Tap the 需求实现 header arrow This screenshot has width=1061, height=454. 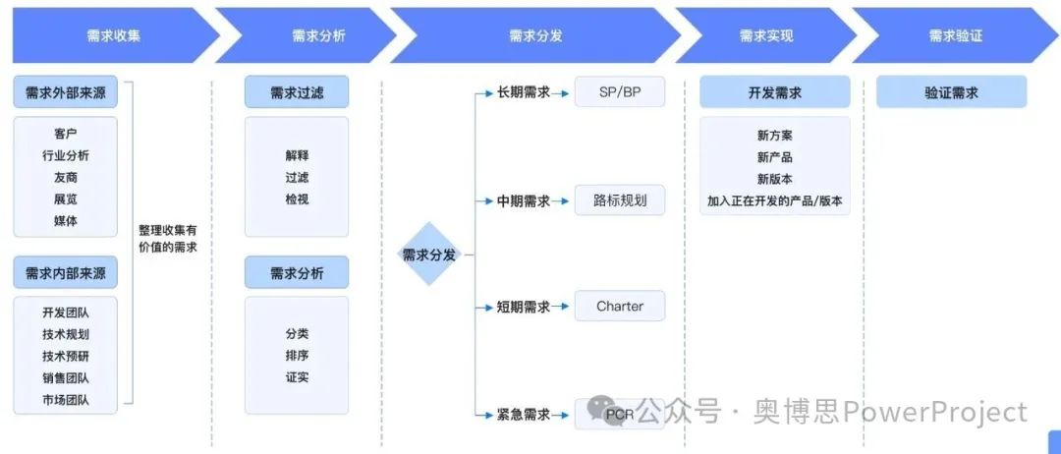765,35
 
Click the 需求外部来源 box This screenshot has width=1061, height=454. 65,93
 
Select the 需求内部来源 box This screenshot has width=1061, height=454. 65,273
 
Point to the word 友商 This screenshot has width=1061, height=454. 66,177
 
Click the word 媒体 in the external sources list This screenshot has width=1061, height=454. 66,221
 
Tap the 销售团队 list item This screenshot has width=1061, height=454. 66,377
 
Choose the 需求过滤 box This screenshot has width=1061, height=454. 297,93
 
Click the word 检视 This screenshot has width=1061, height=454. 297,199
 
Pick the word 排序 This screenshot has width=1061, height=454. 297,355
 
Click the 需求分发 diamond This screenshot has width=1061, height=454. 429,255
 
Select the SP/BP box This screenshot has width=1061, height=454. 620,92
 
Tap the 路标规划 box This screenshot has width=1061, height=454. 620,200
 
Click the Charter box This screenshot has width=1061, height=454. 620,307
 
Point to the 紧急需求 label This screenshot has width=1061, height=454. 524,414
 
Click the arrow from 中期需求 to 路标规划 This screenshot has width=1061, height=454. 561,201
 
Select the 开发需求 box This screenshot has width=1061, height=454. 774,93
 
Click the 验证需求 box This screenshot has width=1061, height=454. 951,93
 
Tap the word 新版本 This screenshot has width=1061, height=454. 774,179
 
